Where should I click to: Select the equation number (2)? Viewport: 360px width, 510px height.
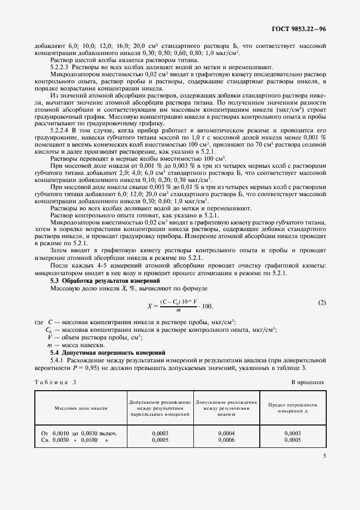coord(322,302)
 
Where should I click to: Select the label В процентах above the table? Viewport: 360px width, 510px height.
coord(308,382)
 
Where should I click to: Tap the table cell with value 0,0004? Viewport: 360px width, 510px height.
coord(225,433)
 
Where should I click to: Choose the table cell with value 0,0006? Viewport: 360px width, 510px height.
coord(225,440)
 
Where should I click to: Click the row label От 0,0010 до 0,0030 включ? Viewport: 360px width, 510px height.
coord(80,433)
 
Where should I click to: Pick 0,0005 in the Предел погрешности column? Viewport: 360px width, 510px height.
coord(292,440)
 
